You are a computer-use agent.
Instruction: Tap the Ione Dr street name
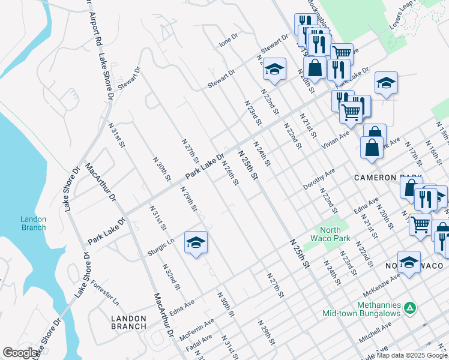(229, 40)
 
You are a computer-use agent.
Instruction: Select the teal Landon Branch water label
(33, 223)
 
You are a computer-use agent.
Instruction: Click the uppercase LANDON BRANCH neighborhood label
(128, 322)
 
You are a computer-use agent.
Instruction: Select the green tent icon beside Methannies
(410, 308)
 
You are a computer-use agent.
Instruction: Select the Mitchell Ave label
(375, 332)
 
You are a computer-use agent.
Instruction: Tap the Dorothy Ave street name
(319, 179)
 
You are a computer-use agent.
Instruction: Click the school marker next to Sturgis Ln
(196, 242)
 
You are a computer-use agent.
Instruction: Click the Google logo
(20, 353)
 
